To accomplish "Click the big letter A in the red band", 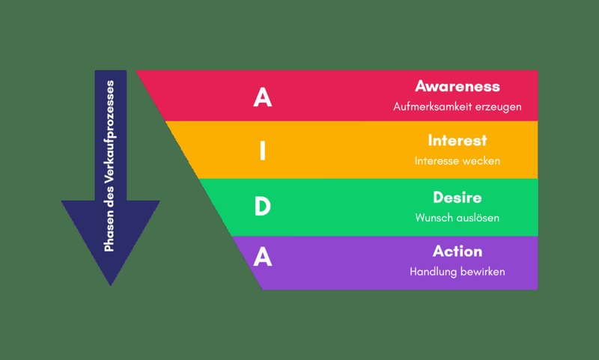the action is [x=263, y=97].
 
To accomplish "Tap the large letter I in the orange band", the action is [x=263, y=150].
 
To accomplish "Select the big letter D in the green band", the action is [x=263, y=206].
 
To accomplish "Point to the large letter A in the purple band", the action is [x=263, y=256].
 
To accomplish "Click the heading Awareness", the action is [x=457, y=86].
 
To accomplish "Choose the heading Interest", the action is [x=457, y=141].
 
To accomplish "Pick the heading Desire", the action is [x=457, y=198].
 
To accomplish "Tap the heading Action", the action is [x=457, y=251].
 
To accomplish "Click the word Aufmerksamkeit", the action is [x=433, y=106].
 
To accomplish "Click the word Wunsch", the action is [x=432, y=218].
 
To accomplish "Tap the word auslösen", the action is [x=476, y=218].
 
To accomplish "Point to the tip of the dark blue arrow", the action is [x=110, y=285].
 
